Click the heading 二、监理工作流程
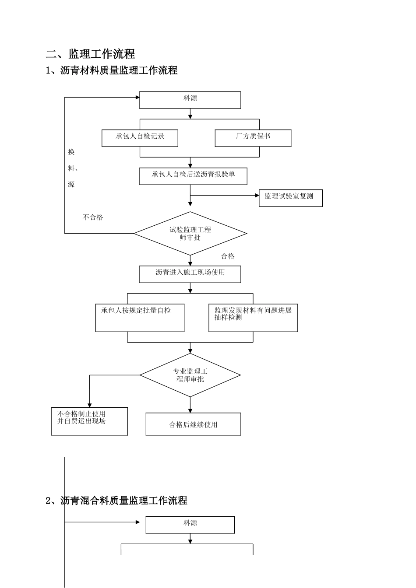pyautogui.click(x=91, y=54)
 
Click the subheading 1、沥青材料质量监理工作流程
pyautogui.click(x=112, y=70)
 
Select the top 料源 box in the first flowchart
pyautogui.click(x=190, y=100)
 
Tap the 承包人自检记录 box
pyautogui.click(x=140, y=138)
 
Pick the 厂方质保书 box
pyautogui.click(x=253, y=138)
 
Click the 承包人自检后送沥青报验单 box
pyautogui.click(x=193, y=176)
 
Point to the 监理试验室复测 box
pyautogui.click(x=291, y=198)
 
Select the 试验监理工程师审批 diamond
pyautogui.click(x=190, y=234)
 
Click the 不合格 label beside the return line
pyautogui.click(x=93, y=217)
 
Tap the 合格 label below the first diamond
pyautogui.click(x=228, y=256)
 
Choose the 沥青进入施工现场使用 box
pyautogui.click(x=190, y=274)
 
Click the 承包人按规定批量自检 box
pyautogui.click(x=140, y=318)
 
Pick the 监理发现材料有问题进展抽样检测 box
pyautogui.click(x=253, y=318)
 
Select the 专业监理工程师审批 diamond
pyautogui.click(x=190, y=375)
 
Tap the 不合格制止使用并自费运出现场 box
pyautogui.click(x=89, y=421)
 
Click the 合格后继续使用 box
pyautogui.click(x=193, y=424)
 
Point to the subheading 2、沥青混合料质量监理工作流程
pyautogui.click(x=116, y=500)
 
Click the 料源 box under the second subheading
pyautogui.click(x=190, y=525)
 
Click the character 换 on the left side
pyautogui.click(x=71, y=152)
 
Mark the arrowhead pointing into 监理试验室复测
pyautogui.click(x=257, y=196)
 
